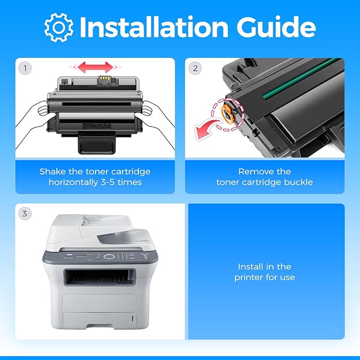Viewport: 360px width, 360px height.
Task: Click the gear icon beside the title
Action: (x=59, y=28)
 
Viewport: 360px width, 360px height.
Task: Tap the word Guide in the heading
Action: (x=276, y=27)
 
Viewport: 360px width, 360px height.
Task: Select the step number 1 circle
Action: (x=25, y=68)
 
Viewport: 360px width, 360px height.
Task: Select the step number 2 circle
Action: (x=195, y=68)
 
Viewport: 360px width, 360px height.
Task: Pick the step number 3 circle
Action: (x=24, y=214)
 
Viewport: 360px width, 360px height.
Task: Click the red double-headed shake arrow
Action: (x=95, y=67)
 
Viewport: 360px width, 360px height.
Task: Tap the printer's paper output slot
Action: (x=99, y=277)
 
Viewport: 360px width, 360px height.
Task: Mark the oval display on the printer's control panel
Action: (x=109, y=257)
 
